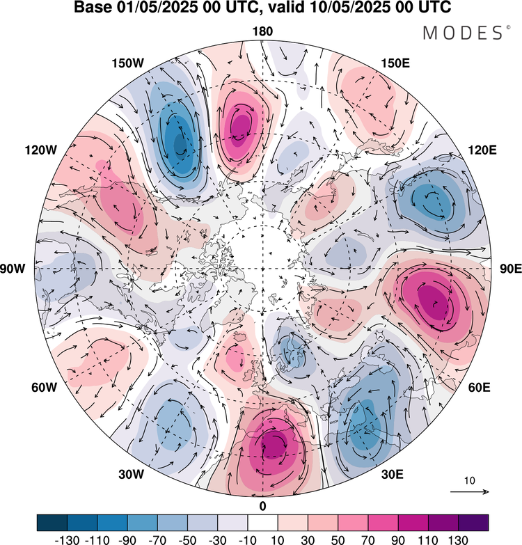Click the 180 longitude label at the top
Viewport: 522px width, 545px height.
(x=262, y=31)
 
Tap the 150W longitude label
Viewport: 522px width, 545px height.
(x=127, y=63)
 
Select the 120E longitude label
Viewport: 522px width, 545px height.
(x=482, y=150)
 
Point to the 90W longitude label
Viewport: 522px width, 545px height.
(x=13, y=269)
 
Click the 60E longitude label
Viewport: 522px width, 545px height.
(x=480, y=387)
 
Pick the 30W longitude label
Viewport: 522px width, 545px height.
(x=131, y=474)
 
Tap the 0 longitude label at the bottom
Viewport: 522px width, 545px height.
(x=262, y=507)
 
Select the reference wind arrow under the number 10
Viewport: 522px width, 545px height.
(x=470, y=491)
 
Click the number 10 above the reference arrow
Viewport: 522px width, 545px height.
(x=470, y=481)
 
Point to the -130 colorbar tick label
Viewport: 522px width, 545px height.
(x=67, y=539)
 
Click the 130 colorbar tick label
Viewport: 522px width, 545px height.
(x=458, y=539)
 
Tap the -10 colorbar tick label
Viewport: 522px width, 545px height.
(x=248, y=539)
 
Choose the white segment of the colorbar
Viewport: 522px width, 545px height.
(x=262, y=523)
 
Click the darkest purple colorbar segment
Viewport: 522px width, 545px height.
(x=473, y=523)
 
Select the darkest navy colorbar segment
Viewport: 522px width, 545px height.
(x=52, y=523)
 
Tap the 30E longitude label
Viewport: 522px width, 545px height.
(x=393, y=474)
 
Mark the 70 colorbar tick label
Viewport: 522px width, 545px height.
(x=367, y=539)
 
